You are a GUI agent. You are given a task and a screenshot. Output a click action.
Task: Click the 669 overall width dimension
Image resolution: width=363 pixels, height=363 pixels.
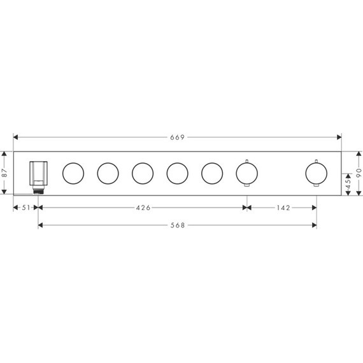coord(177,138)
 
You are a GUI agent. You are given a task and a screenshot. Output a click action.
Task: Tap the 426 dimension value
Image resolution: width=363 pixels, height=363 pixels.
coord(143,208)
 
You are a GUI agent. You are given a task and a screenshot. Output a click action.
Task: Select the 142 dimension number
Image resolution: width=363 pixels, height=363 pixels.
coord(283,208)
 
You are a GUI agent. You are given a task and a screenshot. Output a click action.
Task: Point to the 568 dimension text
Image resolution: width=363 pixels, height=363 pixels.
coord(178,225)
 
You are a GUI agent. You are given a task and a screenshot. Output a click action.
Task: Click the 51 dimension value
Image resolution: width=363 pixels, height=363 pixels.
coord(26,208)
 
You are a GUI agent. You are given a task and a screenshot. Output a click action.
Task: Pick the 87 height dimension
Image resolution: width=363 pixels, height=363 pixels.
coord(4,173)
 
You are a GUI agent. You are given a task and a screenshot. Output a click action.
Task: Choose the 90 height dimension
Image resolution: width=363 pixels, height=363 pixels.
coord(359,173)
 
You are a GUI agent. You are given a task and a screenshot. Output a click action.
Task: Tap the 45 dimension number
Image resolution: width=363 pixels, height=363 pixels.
coord(348,184)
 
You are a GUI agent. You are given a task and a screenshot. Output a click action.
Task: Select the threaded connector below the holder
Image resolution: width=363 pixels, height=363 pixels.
coord(38,190)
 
